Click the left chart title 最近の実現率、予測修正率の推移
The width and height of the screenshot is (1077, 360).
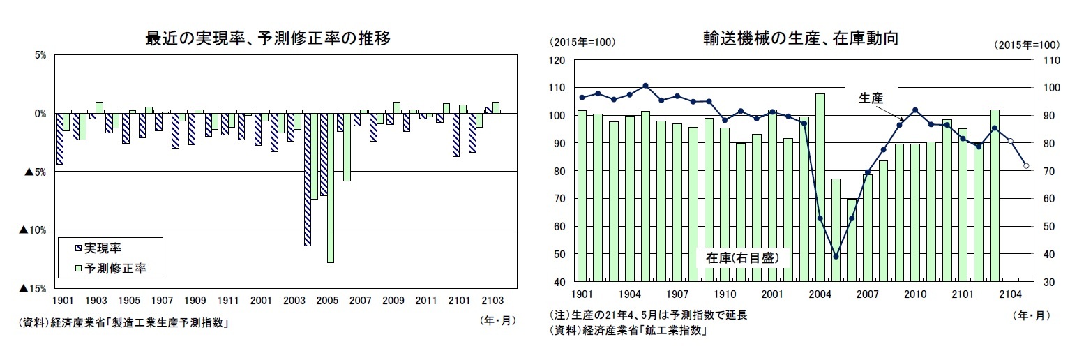(267, 39)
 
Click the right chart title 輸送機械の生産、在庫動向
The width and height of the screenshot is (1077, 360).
(800, 39)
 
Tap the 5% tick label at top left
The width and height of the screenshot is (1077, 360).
(39, 56)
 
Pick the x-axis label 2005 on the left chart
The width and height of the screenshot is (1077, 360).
(327, 301)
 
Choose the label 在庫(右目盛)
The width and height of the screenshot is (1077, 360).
(743, 257)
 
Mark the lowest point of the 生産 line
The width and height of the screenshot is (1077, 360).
(836, 256)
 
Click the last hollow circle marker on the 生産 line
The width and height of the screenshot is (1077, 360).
(1026, 165)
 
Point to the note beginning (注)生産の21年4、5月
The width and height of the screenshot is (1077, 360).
(649, 315)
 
